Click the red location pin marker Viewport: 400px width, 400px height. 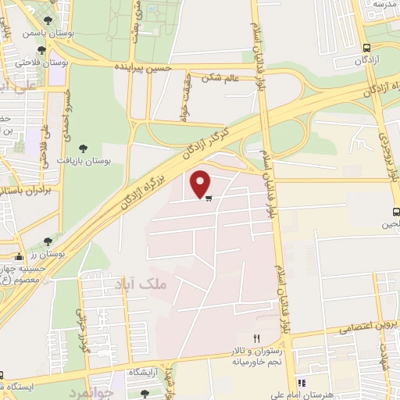point(201,182)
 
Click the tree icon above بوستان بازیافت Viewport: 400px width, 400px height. point(84,148)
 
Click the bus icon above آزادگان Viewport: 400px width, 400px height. point(365,47)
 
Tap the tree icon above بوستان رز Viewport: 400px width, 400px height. point(48,242)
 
